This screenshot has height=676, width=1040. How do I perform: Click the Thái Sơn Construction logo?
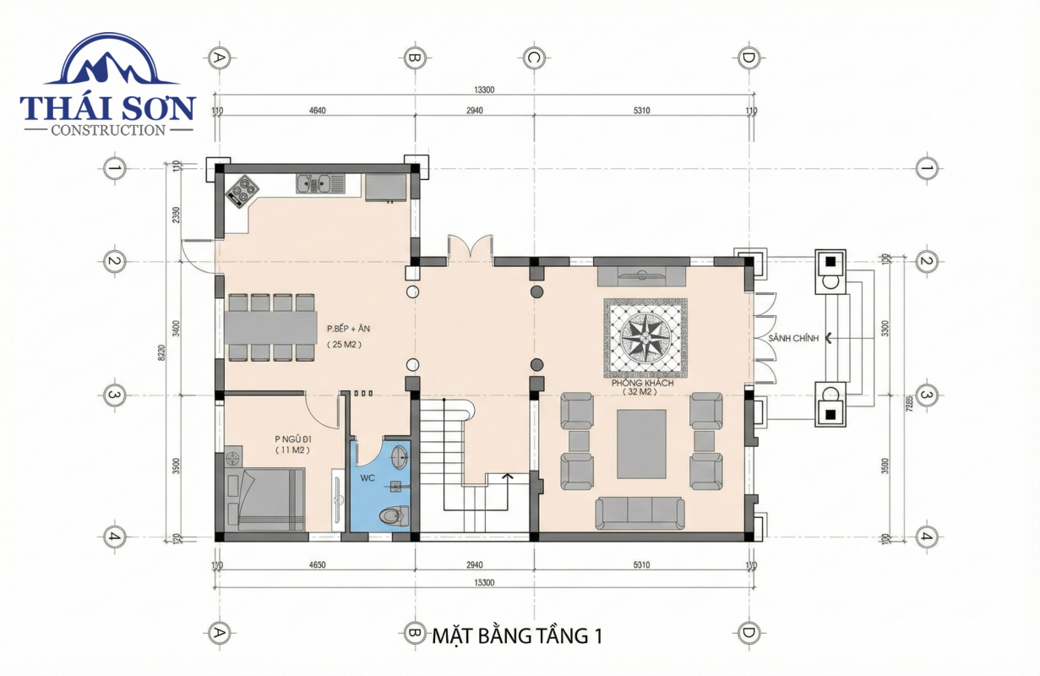108,84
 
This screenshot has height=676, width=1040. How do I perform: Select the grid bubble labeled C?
533,58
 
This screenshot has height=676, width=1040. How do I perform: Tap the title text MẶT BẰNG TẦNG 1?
517,635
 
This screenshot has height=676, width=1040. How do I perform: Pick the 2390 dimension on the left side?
176,215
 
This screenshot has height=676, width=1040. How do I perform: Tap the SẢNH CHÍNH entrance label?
793,338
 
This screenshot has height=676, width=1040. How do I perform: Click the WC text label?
368,478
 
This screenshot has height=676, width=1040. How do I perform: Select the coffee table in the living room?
642,444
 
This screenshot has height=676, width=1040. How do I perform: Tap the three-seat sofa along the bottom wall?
640,512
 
